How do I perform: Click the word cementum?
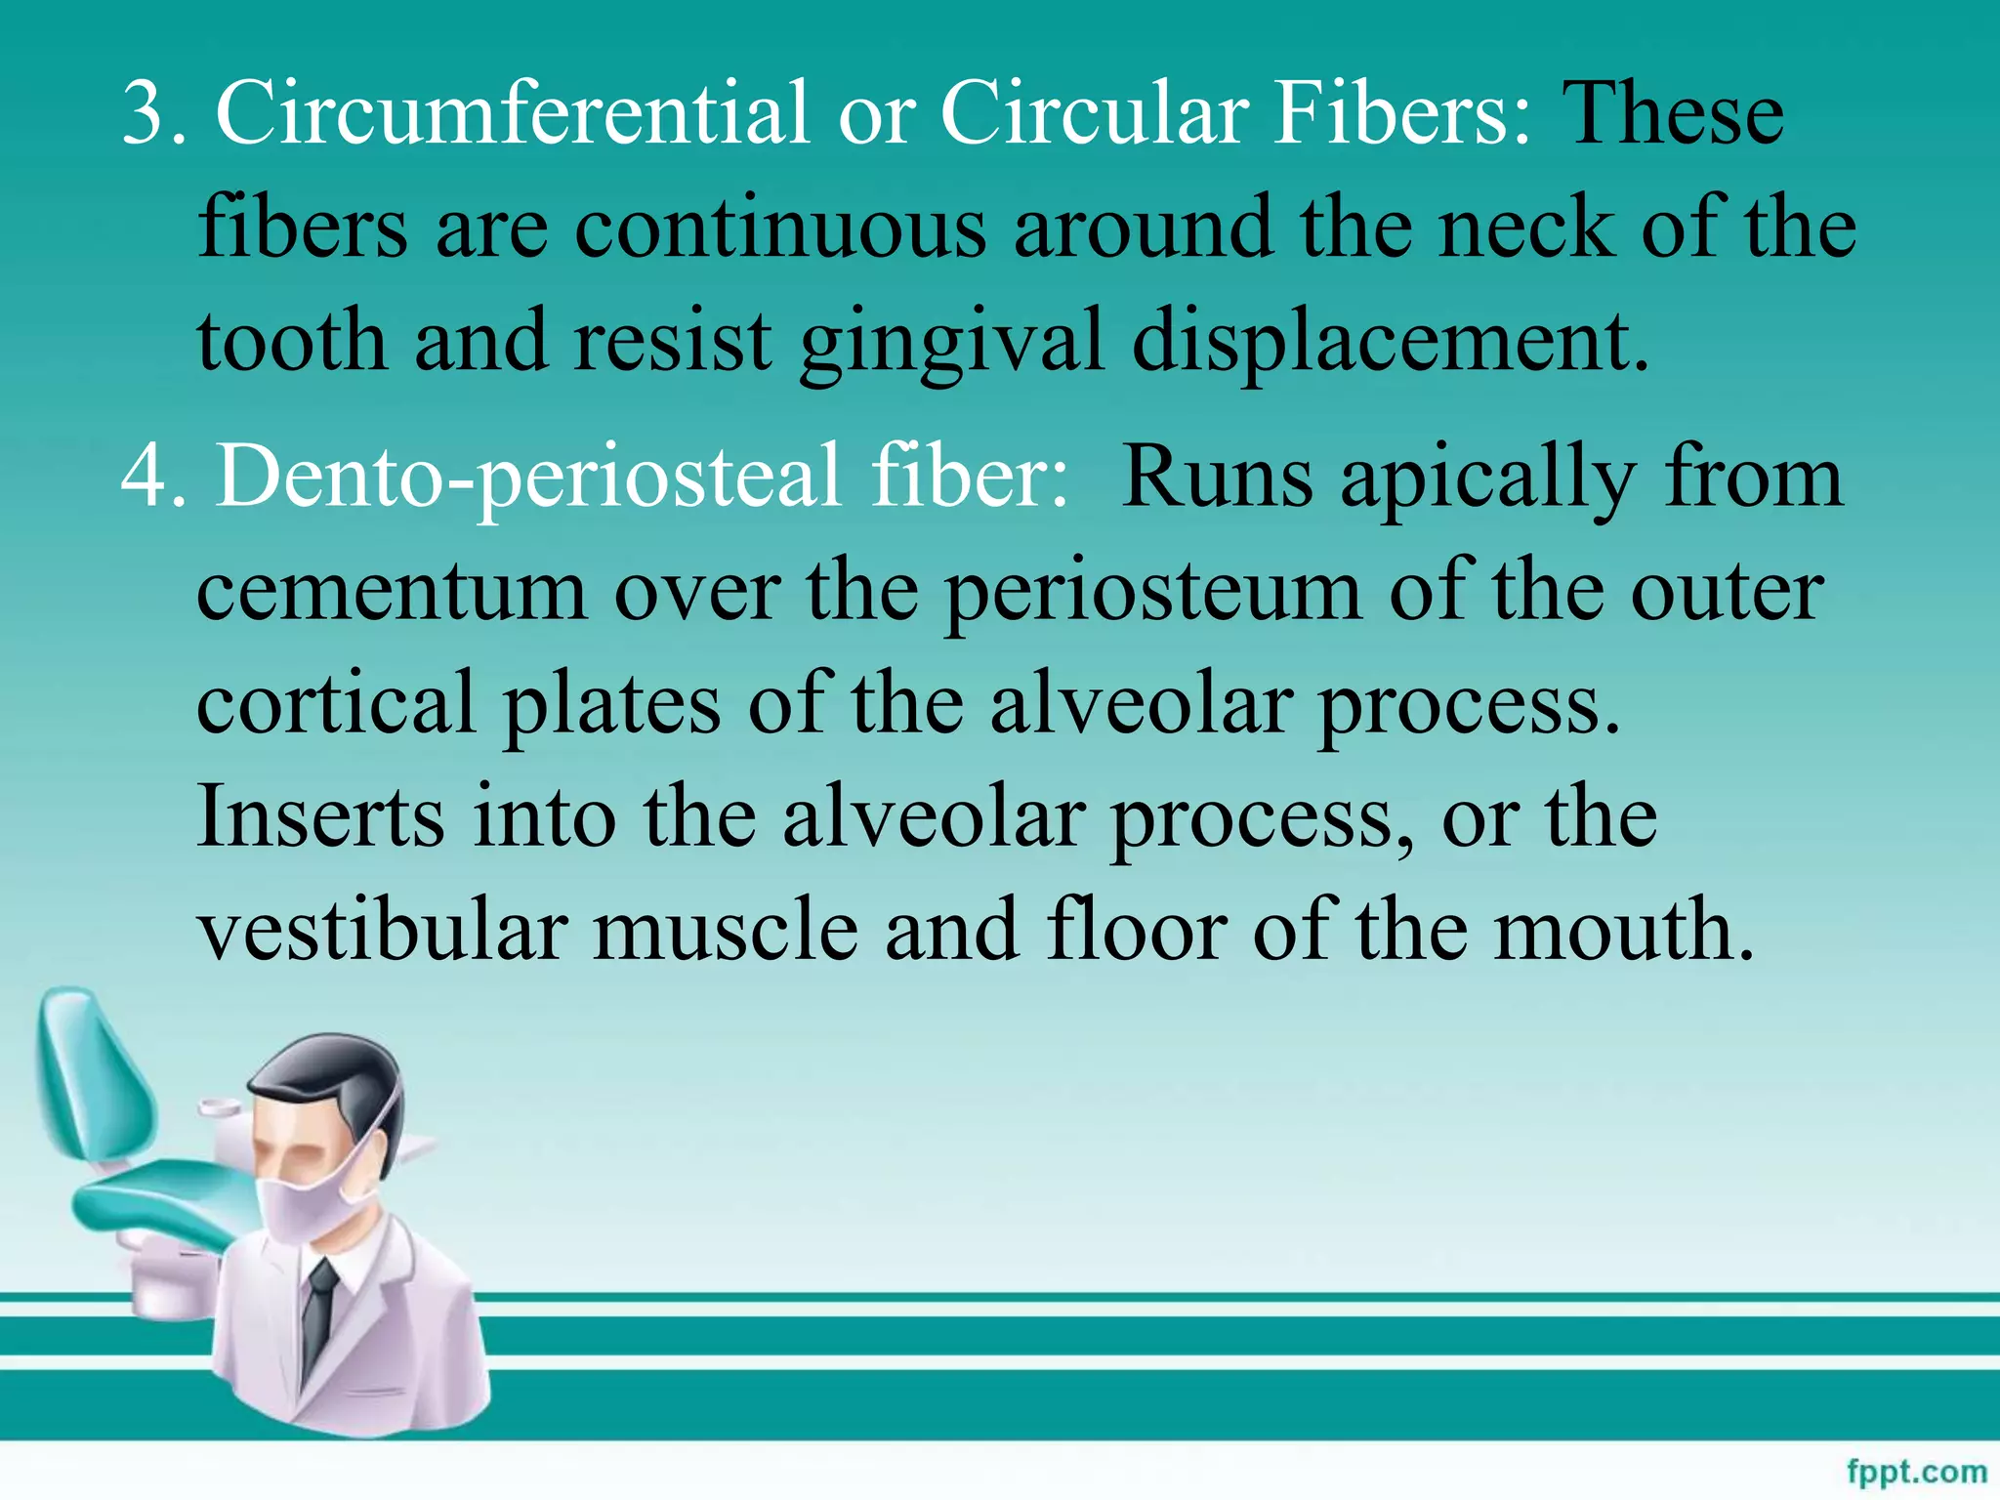pyautogui.click(x=391, y=592)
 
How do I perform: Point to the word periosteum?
pyautogui.click(x=1152, y=594)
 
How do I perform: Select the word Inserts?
pyautogui.click(x=320, y=816)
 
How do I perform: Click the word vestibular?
pyautogui.click(x=383, y=930)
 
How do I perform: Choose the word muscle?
pyautogui.click(x=726, y=930)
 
